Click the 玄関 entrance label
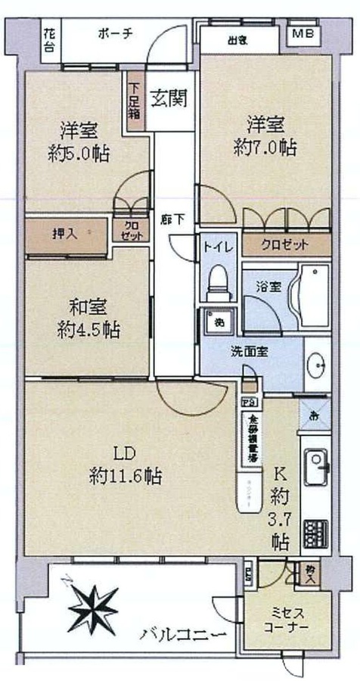168,98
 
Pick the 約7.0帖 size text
265,145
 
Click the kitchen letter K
279,475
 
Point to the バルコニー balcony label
182,636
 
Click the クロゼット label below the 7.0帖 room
285,244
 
